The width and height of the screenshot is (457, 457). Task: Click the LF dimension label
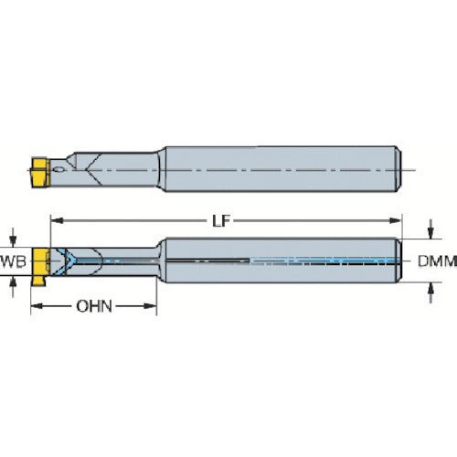click(x=221, y=221)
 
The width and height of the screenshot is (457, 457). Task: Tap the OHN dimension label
click(x=94, y=306)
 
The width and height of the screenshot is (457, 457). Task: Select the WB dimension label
click(x=14, y=261)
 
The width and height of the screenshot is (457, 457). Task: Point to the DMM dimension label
click(x=437, y=261)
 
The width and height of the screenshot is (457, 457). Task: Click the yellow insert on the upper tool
click(x=40, y=172)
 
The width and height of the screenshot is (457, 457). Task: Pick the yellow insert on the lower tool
click(x=40, y=262)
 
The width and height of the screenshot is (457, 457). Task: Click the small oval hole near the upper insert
click(x=58, y=170)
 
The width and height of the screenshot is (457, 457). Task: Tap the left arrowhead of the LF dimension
click(x=57, y=220)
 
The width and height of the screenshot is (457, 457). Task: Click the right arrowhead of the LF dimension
click(x=396, y=220)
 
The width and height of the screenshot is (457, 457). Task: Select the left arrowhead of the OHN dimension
click(x=37, y=306)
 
